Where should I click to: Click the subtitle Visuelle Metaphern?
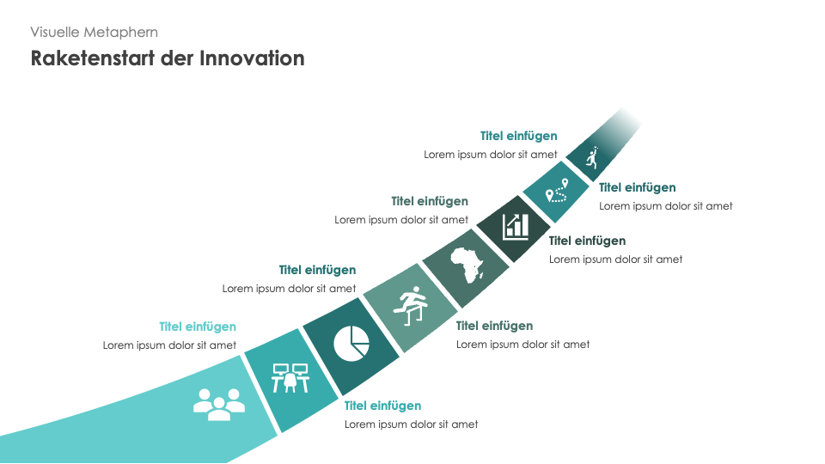[x=95, y=33]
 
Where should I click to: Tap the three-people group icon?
[x=219, y=404]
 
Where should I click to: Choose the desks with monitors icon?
[x=290, y=378]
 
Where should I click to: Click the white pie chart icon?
[x=351, y=344]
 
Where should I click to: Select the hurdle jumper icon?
[x=411, y=306]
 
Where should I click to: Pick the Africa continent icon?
[x=467, y=265]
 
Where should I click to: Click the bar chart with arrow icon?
[x=516, y=227]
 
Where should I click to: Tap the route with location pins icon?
[x=557, y=191]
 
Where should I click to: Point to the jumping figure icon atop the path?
[x=593, y=157]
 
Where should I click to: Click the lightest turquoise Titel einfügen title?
[x=198, y=327]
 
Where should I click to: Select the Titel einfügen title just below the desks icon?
[x=382, y=406]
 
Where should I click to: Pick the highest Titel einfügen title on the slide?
[x=519, y=136]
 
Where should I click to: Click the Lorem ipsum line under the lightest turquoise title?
[x=169, y=345]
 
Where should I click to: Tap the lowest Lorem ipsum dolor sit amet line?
[x=412, y=424]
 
